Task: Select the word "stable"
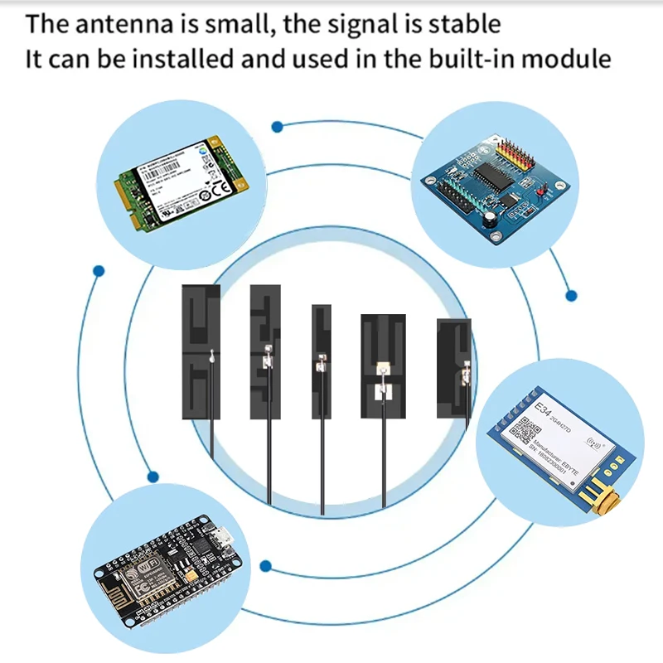coord(465,23)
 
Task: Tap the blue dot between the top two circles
coord(278,127)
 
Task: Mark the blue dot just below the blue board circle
coord(570,294)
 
